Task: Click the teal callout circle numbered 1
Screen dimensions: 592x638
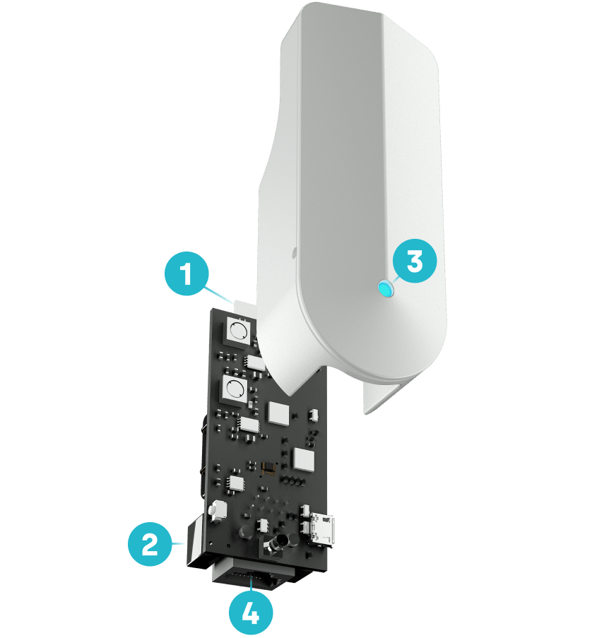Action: [187, 273]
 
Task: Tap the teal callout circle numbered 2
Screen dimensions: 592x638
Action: [150, 544]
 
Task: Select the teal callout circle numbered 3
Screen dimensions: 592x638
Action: [415, 261]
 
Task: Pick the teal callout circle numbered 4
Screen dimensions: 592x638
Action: [251, 613]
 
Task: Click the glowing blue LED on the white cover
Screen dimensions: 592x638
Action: [385, 289]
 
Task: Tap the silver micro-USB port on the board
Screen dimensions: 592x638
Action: [323, 530]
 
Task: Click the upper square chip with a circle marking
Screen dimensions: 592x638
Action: [239, 331]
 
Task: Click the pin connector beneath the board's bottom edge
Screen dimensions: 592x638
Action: [252, 576]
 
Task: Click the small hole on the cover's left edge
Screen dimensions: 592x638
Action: [294, 253]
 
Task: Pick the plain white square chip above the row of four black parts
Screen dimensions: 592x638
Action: [304, 460]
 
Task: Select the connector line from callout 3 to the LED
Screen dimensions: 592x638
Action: [393, 280]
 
